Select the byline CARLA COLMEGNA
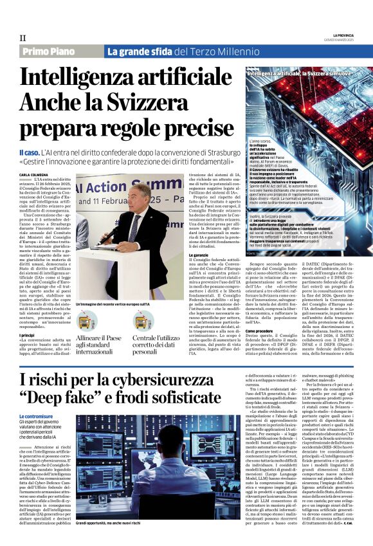point(33,174)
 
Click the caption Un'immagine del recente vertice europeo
point(114,304)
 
